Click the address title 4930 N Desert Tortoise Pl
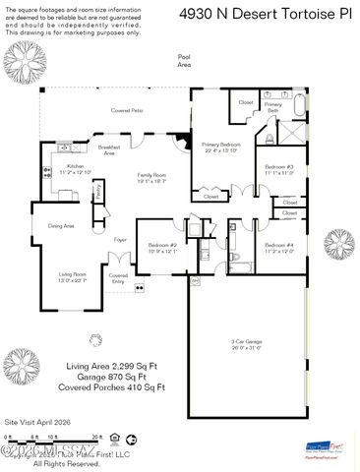(279, 14)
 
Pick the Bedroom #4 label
(279, 247)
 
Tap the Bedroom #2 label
(162, 247)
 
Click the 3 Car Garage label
(245, 343)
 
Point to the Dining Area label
(61, 226)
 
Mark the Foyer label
(120, 239)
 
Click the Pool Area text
(184, 61)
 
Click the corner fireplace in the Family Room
(182, 142)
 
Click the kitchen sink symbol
(66, 147)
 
